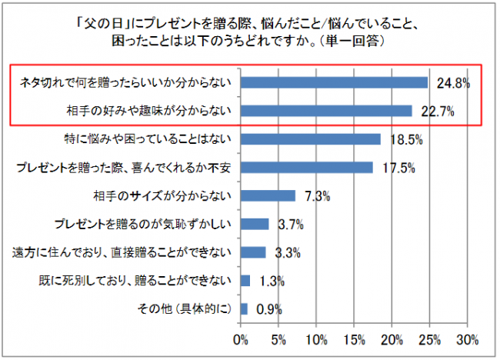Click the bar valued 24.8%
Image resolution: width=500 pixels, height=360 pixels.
click(334, 82)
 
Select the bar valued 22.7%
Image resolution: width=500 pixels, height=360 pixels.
click(326, 111)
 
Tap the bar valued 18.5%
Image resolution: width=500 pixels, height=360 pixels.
click(311, 139)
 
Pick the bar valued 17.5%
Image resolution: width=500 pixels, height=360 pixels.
click(307, 167)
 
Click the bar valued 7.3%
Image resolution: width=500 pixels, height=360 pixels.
click(268, 195)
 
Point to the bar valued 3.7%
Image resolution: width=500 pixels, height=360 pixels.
click(255, 224)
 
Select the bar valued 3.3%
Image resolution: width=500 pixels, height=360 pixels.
click(253, 252)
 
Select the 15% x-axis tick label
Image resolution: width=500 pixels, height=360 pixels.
click(355, 339)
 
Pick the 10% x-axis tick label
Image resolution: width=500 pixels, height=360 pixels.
click(317, 339)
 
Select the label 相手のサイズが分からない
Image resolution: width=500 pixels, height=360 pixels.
click(162, 195)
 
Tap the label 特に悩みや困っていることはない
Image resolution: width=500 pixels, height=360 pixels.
click(147, 139)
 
